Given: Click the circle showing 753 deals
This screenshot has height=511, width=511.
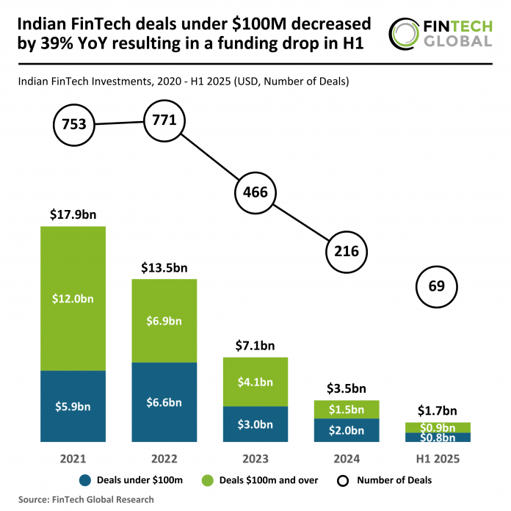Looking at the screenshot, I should tap(74, 125).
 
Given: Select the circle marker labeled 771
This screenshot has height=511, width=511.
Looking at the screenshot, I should tap(164, 120).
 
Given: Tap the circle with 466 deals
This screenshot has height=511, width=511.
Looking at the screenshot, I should tap(255, 193).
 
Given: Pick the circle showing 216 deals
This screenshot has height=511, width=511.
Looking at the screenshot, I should tap(346, 251).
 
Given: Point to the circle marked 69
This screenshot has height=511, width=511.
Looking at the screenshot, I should tap(437, 287).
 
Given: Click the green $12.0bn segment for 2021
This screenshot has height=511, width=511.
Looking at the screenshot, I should tap(73, 298).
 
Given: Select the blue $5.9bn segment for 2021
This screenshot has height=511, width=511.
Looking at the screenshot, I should tap(73, 406).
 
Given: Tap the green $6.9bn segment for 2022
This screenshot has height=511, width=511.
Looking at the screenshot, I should tap(164, 321).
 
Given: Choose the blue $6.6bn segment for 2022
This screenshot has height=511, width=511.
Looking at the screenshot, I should tap(164, 402).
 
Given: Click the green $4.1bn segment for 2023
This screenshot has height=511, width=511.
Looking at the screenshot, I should tap(255, 382).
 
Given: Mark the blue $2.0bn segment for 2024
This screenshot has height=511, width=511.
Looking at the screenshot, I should tap(346, 430).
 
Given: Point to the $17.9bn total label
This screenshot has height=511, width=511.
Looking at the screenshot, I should tap(73, 215).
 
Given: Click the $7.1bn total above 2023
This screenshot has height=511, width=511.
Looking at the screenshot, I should tap(255, 346).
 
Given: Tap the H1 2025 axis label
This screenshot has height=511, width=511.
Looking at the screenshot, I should tap(437, 459).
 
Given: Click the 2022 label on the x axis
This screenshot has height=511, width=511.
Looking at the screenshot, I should tap(164, 459).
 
